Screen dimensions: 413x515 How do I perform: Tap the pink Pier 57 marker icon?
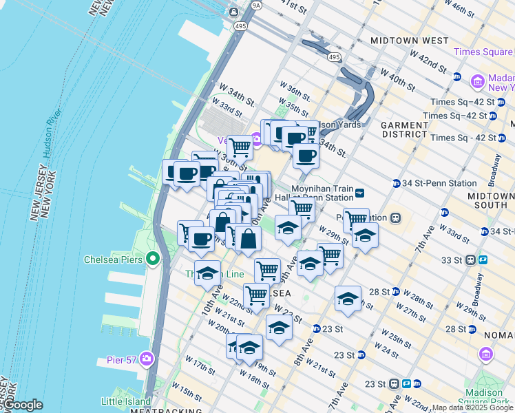147,359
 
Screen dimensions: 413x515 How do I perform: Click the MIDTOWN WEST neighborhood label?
409,41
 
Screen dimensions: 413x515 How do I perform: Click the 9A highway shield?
257,5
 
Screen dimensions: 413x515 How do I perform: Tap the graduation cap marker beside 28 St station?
348,299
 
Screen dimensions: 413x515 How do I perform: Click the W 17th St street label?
195,367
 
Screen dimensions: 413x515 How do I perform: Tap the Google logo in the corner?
22,405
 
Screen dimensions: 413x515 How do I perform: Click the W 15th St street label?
187,391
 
